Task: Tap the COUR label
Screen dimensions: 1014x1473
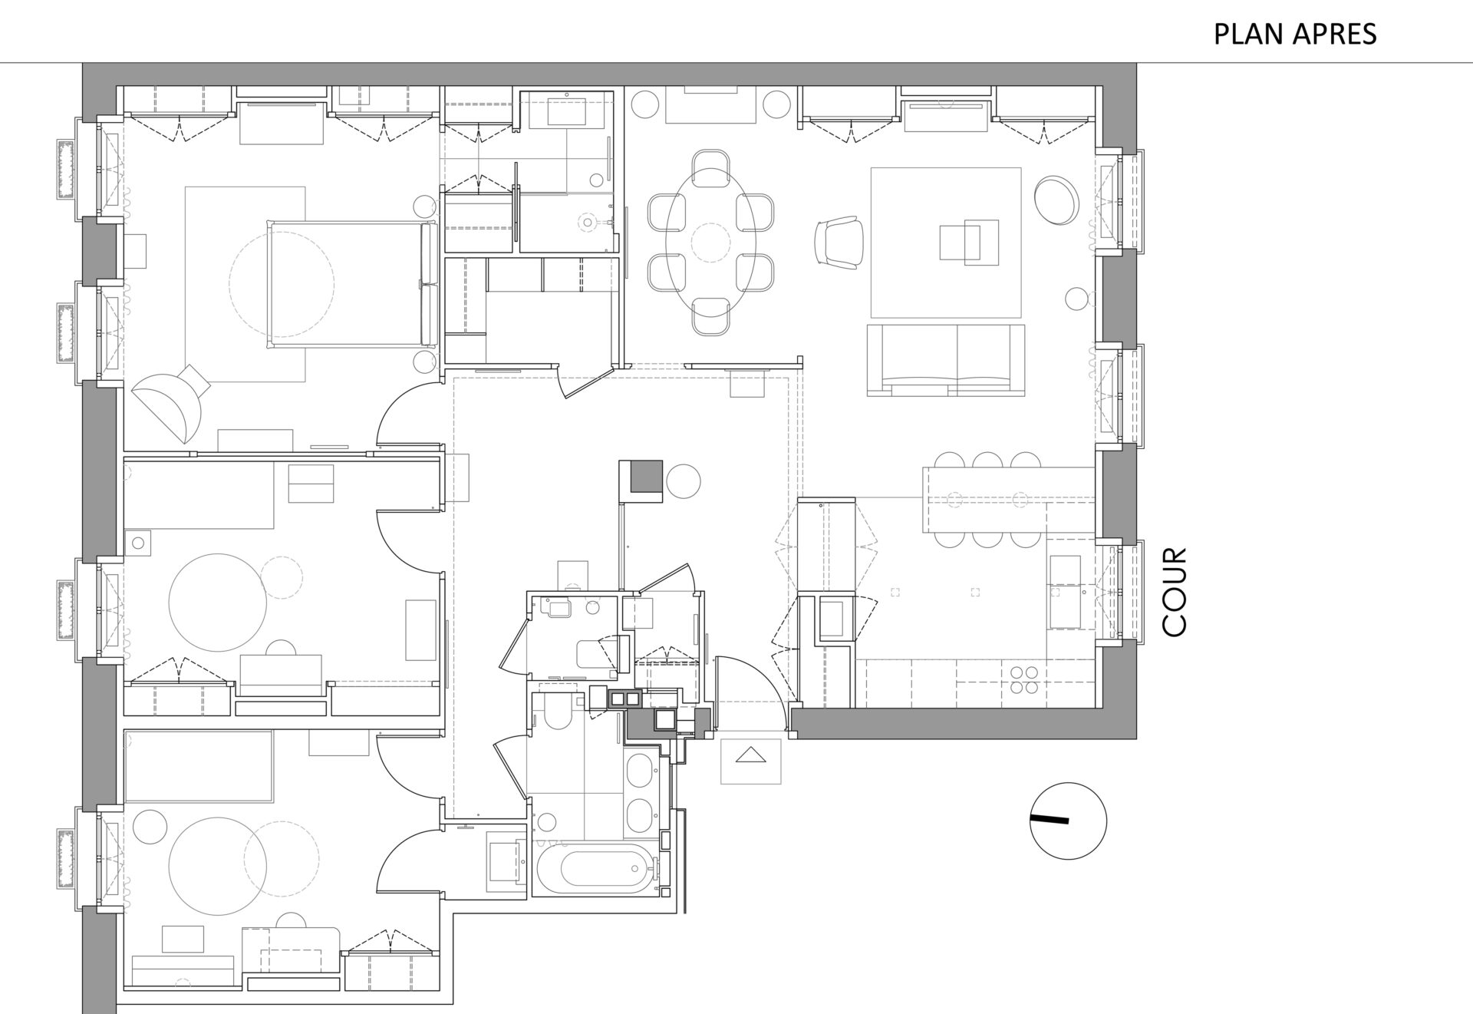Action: (1175, 592)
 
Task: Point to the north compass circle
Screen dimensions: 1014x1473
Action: (1068, 821)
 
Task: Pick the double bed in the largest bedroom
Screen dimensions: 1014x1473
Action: (349, 283)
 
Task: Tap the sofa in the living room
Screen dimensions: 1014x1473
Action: (946, 360)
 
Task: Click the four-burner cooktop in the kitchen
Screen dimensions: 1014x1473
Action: (1025, 680)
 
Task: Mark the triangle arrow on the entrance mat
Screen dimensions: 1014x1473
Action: (751, 756)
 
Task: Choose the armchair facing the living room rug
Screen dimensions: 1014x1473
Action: (841, 242)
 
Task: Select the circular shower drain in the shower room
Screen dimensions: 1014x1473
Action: (588, 222)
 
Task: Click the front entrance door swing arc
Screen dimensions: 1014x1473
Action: (752, 683)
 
